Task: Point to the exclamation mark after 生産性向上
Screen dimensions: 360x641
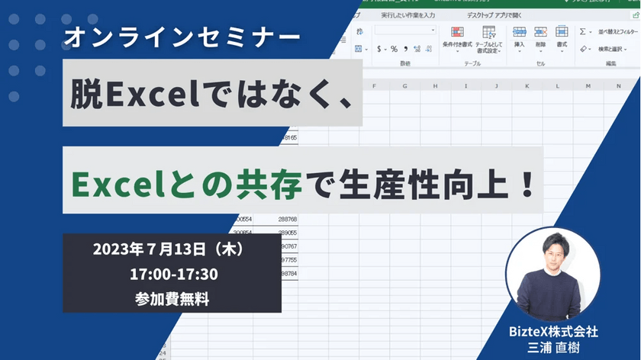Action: [526, 185]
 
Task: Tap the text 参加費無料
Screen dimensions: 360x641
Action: [171, 300]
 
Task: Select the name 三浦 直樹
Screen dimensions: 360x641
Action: [554, 347]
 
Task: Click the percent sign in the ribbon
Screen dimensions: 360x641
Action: [395, 49]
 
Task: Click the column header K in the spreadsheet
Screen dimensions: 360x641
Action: [527, 85]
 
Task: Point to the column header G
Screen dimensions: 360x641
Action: [404, 85]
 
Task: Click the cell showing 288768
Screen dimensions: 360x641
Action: [287, 219]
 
